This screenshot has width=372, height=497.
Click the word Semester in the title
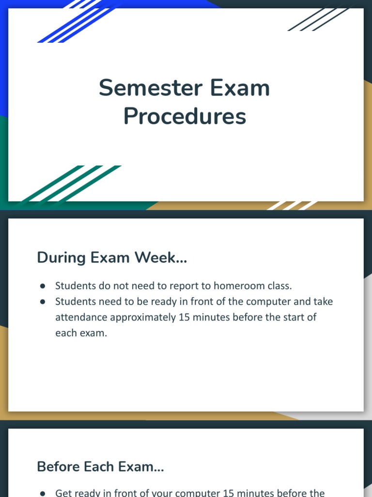tap(143, 88)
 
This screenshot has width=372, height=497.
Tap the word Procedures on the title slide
tap(185, 116)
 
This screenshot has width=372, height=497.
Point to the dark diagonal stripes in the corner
tap(318, 19)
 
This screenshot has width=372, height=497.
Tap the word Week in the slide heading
tap(157, 257)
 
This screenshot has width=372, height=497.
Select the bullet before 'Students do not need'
tap(43, 286)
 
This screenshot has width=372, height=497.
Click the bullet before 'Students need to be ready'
tap(43, 301)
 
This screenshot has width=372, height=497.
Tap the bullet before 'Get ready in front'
tap(43, 493)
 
